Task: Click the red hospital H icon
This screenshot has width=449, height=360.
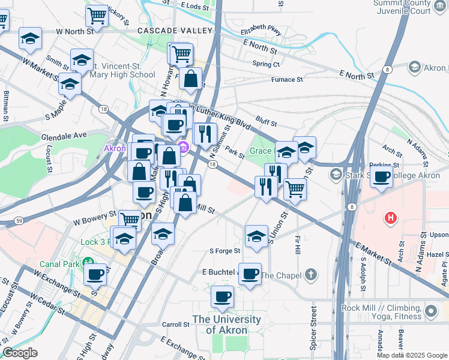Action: pos(391,217)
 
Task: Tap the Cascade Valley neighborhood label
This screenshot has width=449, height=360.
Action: pos(175,31)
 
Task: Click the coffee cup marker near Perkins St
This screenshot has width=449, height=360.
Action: pos(381,176)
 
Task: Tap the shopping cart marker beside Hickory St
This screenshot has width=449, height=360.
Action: pos(96,16)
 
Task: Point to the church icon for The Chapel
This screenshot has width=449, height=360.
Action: pos(310,275)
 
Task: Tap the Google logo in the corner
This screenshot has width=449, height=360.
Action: pos(20,352)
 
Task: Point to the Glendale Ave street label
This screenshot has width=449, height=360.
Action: pos(64,136)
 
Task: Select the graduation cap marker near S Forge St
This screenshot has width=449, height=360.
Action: pos(256,236)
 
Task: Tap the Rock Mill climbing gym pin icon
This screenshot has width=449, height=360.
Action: pos(430,310)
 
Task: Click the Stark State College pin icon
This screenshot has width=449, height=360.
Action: pos(336,175)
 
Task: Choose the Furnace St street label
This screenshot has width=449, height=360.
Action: pos(286,79)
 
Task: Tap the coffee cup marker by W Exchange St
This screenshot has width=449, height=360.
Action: pos(95,275)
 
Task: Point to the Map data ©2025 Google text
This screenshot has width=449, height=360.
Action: pos(411,355)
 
